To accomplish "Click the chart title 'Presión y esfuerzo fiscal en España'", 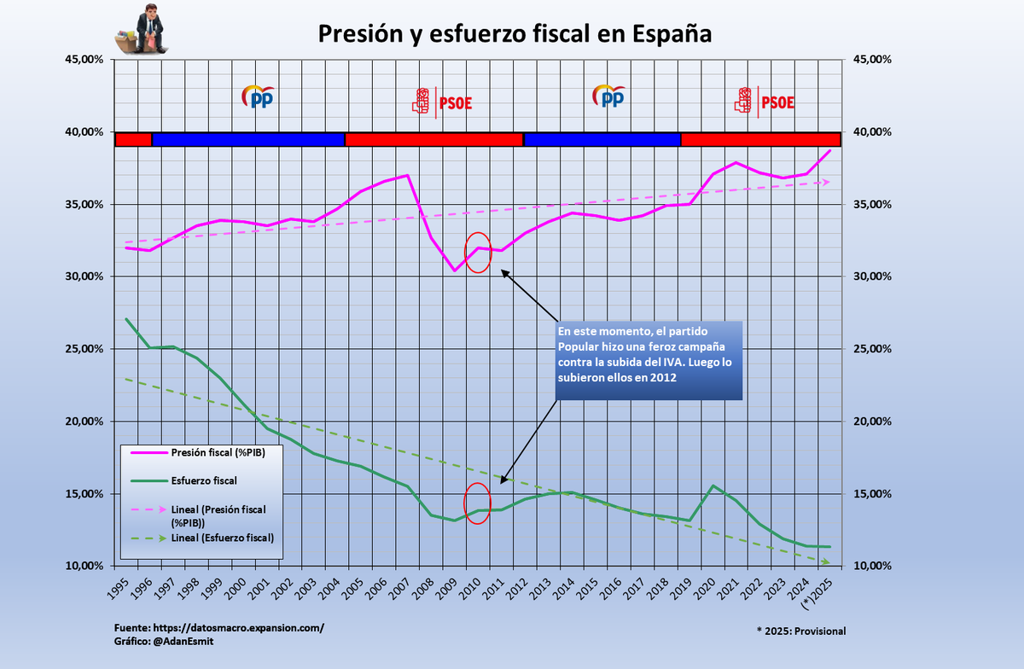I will tap(515, 33).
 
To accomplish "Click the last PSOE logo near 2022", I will tap(765, 102).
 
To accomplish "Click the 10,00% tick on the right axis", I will tap(869, 566).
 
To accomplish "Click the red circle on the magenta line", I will tap(478, 252).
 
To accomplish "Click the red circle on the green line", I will tap(477, 503).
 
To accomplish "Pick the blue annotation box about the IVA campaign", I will tap(649, 360).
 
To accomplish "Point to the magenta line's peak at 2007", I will tap(408, 175).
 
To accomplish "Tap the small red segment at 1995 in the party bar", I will tap(133, 139).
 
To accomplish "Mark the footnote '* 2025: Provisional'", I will tap(801, 631).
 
